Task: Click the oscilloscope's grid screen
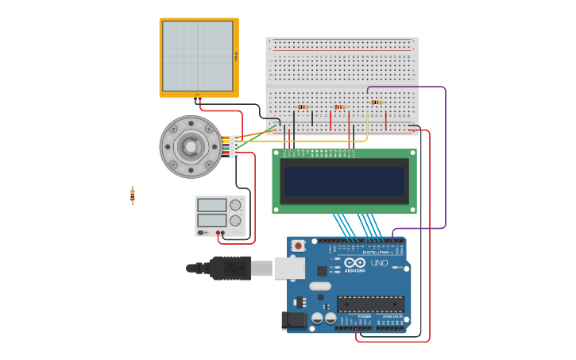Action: tap(197, 56)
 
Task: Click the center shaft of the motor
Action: tap(191, 146)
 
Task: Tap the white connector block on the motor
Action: tap(234, 146)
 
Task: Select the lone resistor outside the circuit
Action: tap(133, 195)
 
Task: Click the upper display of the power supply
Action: tap(211, 205)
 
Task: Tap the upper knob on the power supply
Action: tap(235, 205)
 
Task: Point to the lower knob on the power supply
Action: tap(235, 220)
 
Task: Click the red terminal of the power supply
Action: tap(222, 233)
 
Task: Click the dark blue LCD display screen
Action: tap(344, 181)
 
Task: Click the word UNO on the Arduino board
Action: tap(379, 263)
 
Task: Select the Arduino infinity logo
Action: tap(354, 263)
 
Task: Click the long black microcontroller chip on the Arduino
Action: tap(370, 304)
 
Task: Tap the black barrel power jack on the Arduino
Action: tap(294, 320)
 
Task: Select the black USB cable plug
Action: tap(230, 268)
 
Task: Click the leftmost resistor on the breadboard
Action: tap(302, 107)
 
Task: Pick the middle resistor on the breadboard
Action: tap(339, 107)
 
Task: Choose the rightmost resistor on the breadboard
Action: tap(376, 103)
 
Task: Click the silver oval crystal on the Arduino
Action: tap(320, 286)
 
